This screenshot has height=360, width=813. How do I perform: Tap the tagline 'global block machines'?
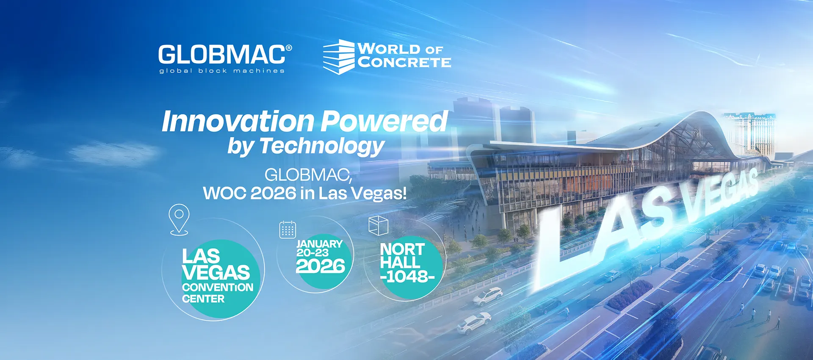click(222, 71)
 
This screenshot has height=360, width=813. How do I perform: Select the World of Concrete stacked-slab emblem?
click(339, 57)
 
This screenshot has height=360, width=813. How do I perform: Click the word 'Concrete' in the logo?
click(404, 63)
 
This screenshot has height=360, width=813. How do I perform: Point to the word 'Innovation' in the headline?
click(238, 122)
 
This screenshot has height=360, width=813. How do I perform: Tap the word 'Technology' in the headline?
click(322, 146)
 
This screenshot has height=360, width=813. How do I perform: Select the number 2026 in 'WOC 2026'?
click(273, 194)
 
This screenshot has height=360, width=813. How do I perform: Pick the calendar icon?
click(288, 230)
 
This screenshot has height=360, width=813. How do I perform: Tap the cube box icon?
click(378, 225)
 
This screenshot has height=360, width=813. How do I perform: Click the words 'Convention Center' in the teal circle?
click(217, 293)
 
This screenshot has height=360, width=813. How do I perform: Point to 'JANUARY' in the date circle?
click(319, 244)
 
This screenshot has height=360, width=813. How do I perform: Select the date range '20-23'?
click(312, 253)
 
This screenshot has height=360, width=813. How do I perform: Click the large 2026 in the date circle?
click(321, 266)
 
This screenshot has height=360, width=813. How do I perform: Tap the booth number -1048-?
click(407, 277)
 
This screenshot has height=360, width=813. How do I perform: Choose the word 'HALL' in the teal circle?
click(400, 262)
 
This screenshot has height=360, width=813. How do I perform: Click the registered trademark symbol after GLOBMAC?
click(289, 48)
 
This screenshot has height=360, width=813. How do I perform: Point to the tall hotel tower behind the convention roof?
click(749, 131)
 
